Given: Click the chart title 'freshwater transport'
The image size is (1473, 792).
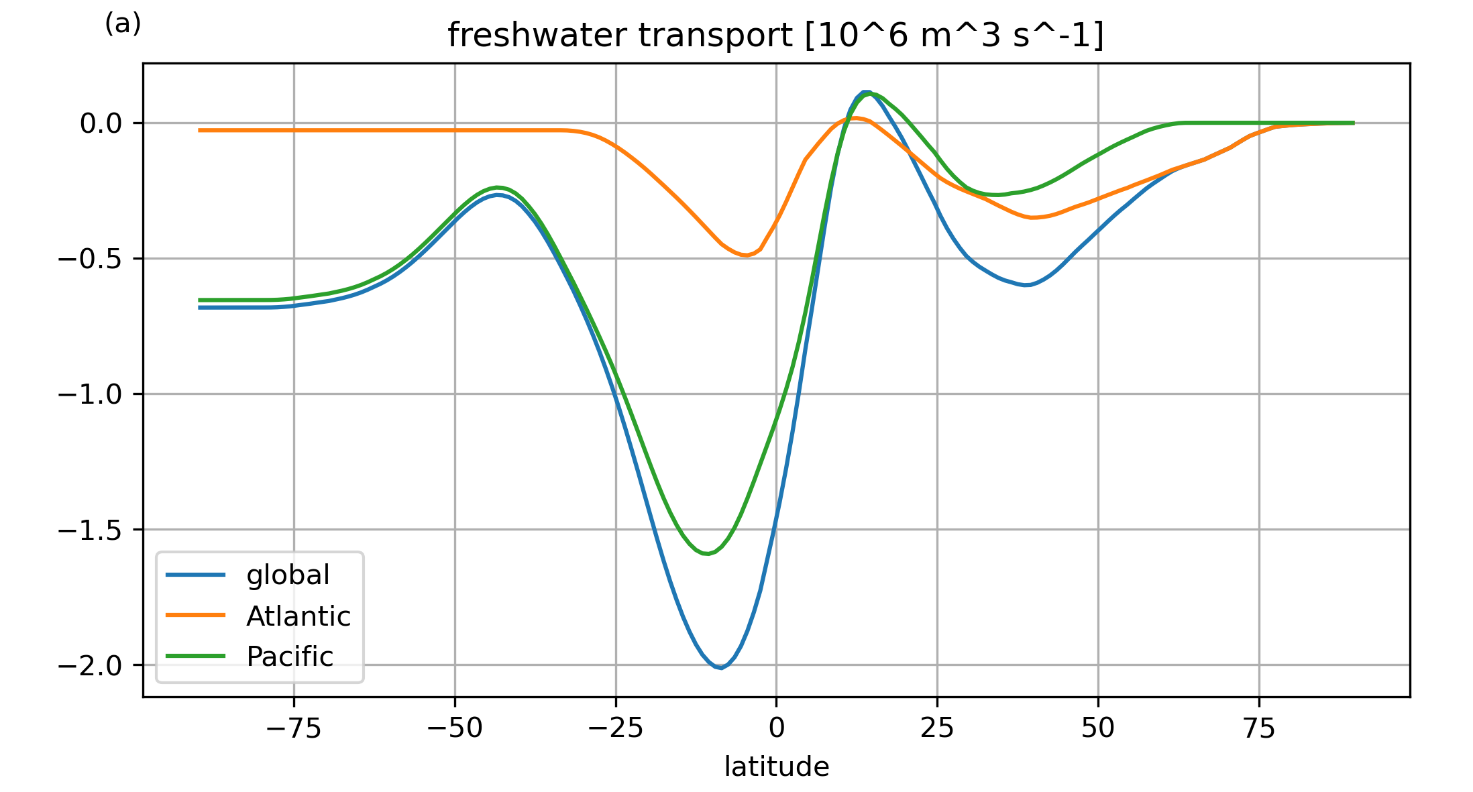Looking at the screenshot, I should [x=775, y=36].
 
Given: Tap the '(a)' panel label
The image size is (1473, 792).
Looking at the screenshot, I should [x=123, y=24].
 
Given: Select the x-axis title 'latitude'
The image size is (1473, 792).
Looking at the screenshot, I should [x=776, y=767].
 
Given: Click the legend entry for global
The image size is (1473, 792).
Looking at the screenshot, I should [x=288, y=575].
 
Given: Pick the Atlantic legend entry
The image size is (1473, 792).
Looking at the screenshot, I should [x=298, y=616].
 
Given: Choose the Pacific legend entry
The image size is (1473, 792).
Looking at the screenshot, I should [x=290, y=657].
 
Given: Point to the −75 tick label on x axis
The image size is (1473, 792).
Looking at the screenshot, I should [x=294, y=728].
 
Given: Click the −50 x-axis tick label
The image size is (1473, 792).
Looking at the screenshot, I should [x=455, y=728].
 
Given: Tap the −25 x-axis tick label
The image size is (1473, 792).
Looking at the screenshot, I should [x=616, y=728].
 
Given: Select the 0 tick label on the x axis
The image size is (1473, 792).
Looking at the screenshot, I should [x=776, y=728].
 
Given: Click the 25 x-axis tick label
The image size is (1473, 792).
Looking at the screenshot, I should [x=937, y=728].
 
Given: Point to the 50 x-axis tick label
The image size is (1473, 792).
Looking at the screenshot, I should [x=1098, y=728].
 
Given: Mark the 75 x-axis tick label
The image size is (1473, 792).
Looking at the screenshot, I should [x=1259, y=728].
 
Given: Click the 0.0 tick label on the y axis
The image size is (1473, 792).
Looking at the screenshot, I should [x=101, y=123].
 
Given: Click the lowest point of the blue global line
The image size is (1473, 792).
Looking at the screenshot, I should [x=720, y=668].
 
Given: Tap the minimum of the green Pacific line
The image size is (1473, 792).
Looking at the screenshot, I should [x=706, y=554].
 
